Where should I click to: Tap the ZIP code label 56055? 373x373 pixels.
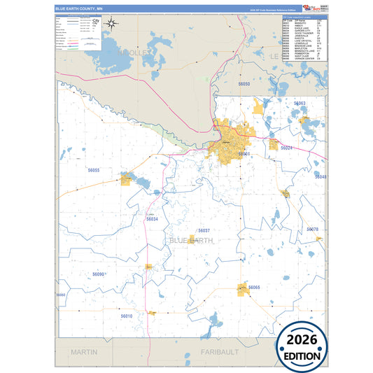(93, 170)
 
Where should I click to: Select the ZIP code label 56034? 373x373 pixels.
(152, 219)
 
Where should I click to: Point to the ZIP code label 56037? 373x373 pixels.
(204, 230)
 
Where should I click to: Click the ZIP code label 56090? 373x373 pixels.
(98, 274)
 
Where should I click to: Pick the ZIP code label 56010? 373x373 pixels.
(126, 316)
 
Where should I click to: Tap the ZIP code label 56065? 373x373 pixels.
(253, 288)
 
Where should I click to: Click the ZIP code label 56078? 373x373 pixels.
(312, 230)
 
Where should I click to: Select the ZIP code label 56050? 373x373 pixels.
(224, 84)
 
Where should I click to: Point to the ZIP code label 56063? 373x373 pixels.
(300, 103)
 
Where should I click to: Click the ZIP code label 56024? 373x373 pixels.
(286, 148)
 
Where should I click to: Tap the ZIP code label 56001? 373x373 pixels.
(244, 153)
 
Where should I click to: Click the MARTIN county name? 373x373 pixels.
(84, 351)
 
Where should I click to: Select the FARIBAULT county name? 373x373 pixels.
(220, 351)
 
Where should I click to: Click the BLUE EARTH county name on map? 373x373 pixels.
(191, 240)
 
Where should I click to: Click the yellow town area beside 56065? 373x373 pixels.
(244, 288)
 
